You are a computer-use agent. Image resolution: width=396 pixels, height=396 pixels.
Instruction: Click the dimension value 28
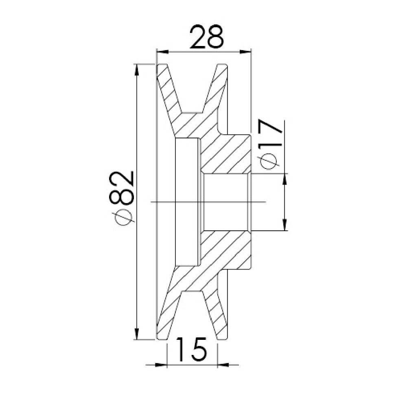click(x=207, y=37)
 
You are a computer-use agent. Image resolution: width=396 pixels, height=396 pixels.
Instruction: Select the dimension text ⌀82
click(x=122, y=198)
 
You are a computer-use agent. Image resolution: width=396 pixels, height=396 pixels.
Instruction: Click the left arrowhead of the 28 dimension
click(x=162, y=52)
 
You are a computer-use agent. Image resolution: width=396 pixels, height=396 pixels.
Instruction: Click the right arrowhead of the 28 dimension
click(x=245, y=52)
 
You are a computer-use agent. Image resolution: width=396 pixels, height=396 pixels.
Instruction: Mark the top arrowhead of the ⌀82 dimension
click(x=137, y=70)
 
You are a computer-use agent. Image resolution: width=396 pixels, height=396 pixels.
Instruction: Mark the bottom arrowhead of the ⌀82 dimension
click(x=137, y=334)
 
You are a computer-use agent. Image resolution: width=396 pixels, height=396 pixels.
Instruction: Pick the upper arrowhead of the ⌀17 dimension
click(x=285, y=179)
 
